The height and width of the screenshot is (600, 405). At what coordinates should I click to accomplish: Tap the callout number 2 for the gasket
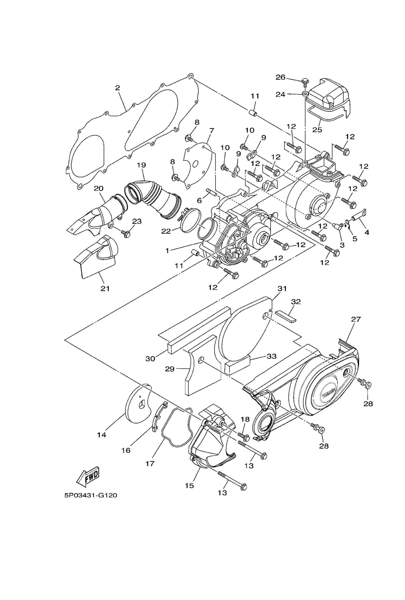click(x=118, y=88)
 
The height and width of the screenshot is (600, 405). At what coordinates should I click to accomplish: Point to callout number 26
click(x=280, y=77)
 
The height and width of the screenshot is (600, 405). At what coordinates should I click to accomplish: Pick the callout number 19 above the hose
click(x=141, y=165)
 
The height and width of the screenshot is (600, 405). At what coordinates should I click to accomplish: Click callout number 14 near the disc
click(x=102, y=435)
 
